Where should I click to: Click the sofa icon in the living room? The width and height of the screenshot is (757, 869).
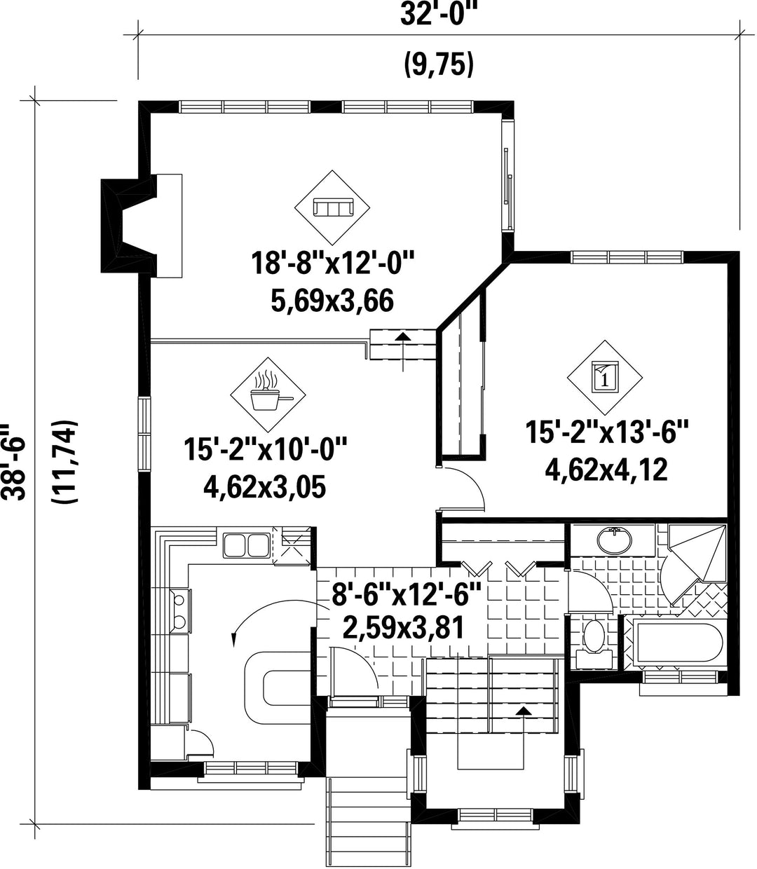pos(332,207)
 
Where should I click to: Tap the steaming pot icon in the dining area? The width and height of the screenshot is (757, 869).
pos(268,390)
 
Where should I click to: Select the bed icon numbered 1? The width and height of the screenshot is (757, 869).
pos(605,377)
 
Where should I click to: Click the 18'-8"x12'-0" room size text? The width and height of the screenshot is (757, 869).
pos(332,264)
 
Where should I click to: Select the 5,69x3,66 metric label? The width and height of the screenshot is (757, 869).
pos(332,301)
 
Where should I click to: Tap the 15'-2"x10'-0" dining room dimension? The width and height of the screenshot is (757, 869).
pos(266,449)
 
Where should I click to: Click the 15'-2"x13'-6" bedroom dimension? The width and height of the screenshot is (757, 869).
pos(606,432)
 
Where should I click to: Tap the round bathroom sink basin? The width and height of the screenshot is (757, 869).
pos(614,540)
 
